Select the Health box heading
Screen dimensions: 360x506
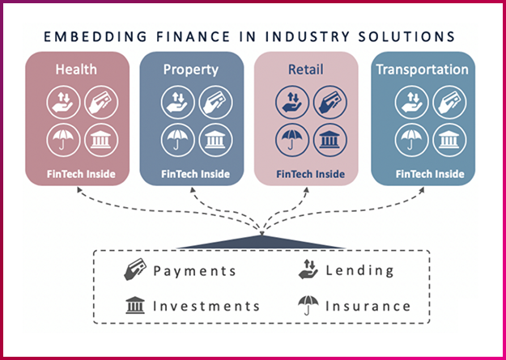point(76,70)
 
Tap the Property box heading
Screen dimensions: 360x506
point(190,70)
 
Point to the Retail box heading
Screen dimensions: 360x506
point(305,70)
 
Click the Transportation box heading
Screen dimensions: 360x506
point(422,70)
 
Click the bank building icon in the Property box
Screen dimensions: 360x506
point(214,138)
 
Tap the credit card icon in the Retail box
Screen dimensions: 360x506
point(328,102)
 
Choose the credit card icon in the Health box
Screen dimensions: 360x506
point(98,102)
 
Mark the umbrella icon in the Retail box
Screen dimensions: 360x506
point(289,138)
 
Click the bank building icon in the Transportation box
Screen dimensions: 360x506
point(444,138)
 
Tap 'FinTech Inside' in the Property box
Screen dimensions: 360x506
point(194,174)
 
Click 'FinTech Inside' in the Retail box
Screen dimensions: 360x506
point(310,174)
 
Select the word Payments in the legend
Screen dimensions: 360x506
point(195,271)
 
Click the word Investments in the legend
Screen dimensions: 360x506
point(206,307)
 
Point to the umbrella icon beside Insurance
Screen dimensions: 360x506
point(306,306)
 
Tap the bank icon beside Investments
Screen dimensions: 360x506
point(134,306)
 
